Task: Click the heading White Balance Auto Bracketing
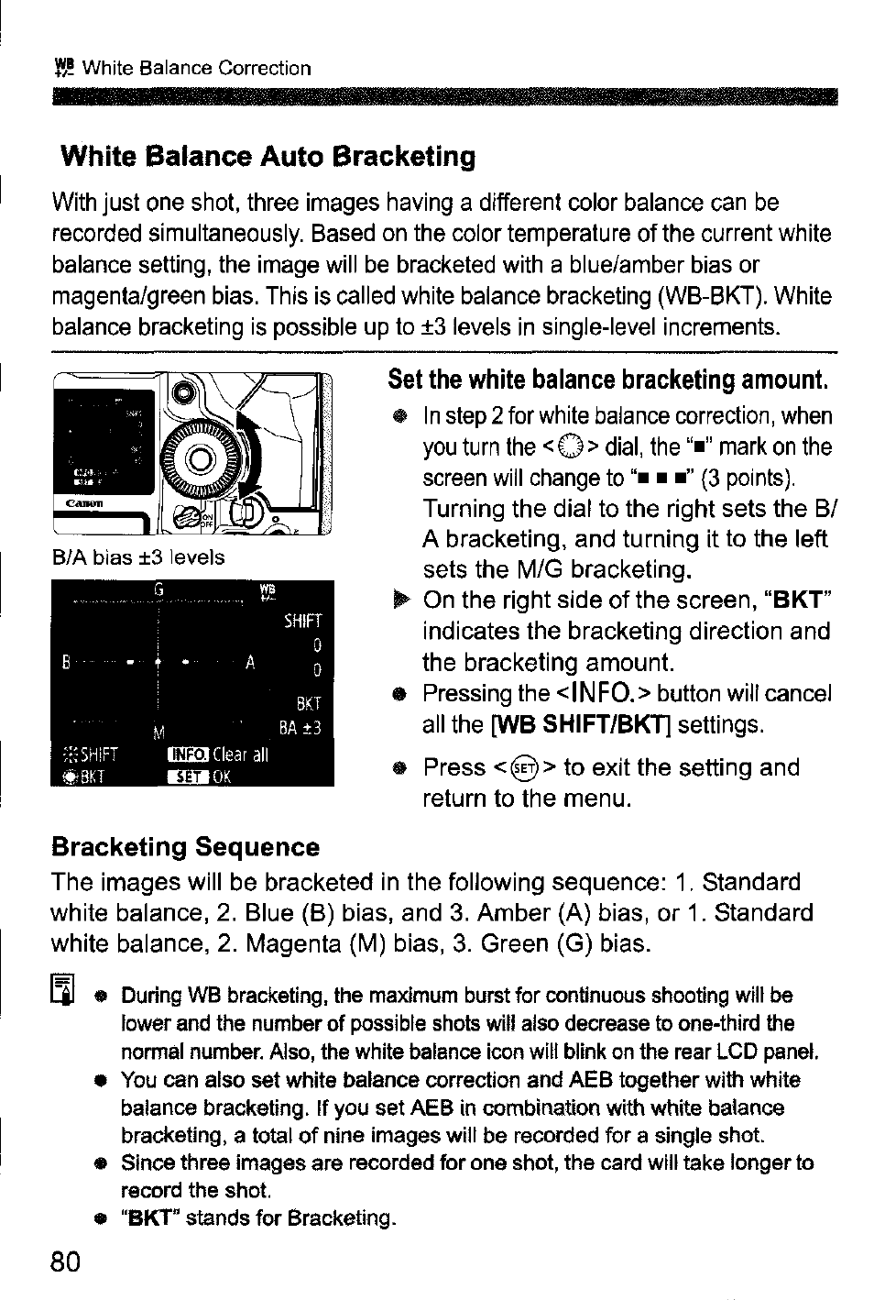click(x=268, y=157)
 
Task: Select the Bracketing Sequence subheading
click(x=186, y=846)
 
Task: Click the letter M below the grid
click(x=158, y=732)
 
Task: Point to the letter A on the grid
click(x=248, y=663)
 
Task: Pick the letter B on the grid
click(x=66, y=663)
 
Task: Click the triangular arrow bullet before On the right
click(x=397, y=601)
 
